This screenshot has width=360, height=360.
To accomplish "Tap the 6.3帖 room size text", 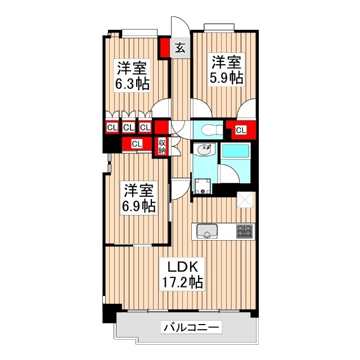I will point(133,84).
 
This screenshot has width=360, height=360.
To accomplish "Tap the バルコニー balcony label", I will point(191,327).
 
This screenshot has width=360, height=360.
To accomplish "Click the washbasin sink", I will point(204,150).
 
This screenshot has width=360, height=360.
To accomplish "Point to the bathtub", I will point(235,152).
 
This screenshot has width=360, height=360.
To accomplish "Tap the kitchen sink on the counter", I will point(208,231).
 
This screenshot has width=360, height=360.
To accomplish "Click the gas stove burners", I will point(245,231).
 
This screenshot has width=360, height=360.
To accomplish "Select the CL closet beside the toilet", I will point(241,130).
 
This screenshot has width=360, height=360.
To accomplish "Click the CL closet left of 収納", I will point(136,145).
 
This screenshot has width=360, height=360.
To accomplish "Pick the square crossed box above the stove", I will point(245,200).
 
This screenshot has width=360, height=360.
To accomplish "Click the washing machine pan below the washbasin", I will point(204,186).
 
